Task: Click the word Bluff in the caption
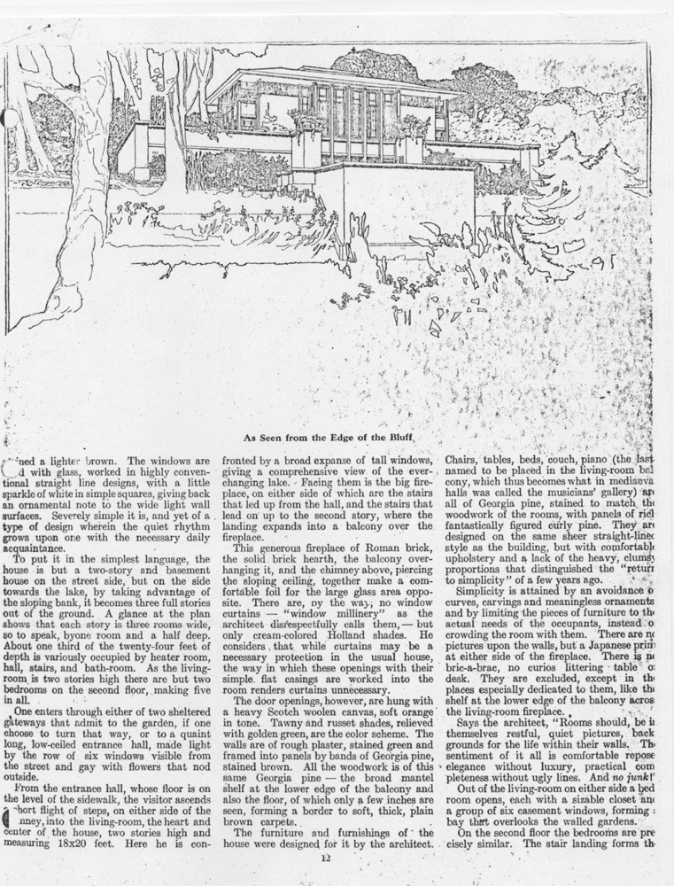(400, 437)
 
